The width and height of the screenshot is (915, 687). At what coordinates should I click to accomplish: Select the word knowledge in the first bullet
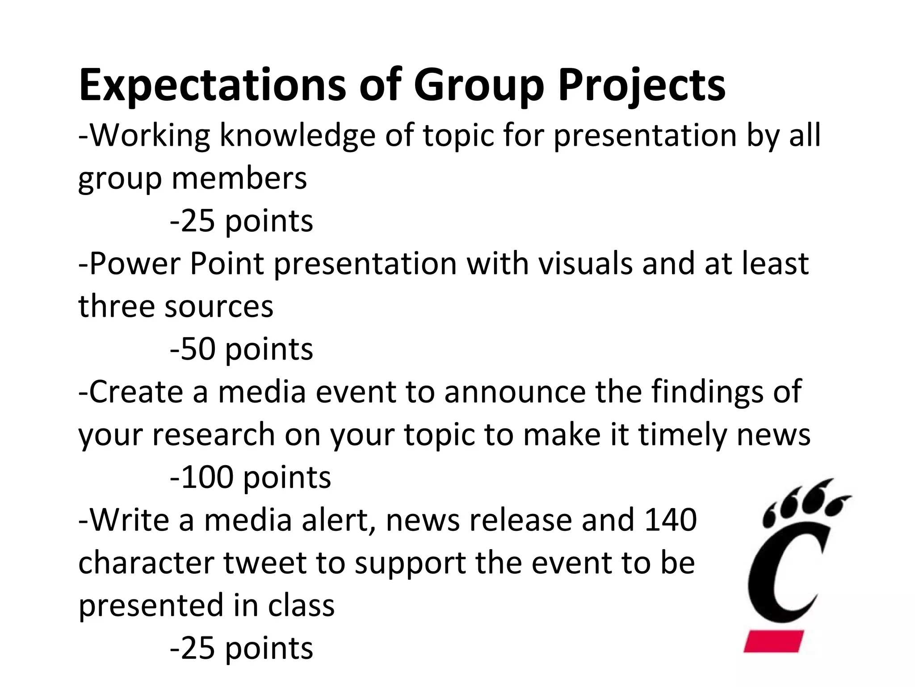pos(297,135)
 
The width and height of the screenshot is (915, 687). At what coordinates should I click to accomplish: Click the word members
pos(239,178)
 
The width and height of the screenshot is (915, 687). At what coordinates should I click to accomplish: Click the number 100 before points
pos(207,477)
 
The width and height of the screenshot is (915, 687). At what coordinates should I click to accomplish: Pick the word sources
pos(219,306)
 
